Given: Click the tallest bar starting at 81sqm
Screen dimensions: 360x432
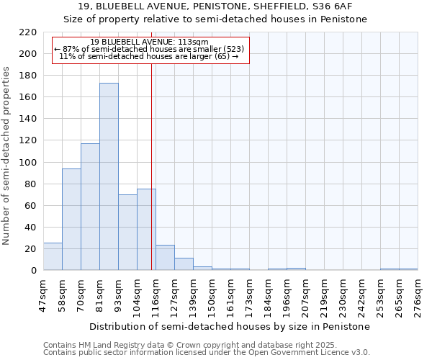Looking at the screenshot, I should pyautogui.click(x=109, y=176).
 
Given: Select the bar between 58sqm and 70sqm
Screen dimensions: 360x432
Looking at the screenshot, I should pyautogui.click(x=71, y=220).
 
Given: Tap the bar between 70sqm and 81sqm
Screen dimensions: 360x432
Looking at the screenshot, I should pyautogui.click(x=90, y=207).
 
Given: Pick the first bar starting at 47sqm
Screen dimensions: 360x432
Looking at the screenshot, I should pyautogui.click(x=53, y=256).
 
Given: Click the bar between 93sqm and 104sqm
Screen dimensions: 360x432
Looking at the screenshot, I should pyautogui.click(x=127, y=232).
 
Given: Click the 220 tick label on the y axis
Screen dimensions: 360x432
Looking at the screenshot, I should pyautogui.click(x=28, y=32).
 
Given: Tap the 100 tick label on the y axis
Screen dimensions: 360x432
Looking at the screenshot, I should pyautogui.click(x=28, y=163).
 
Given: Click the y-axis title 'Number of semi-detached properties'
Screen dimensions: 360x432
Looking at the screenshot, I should pyautogui.click(x=7, y=156).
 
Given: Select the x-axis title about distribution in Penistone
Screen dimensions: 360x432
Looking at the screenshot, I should pyautogui.click(x=230, y=326).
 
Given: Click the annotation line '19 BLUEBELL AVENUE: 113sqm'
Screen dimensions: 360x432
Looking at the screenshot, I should pyautogui.click(x=150, y=42).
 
